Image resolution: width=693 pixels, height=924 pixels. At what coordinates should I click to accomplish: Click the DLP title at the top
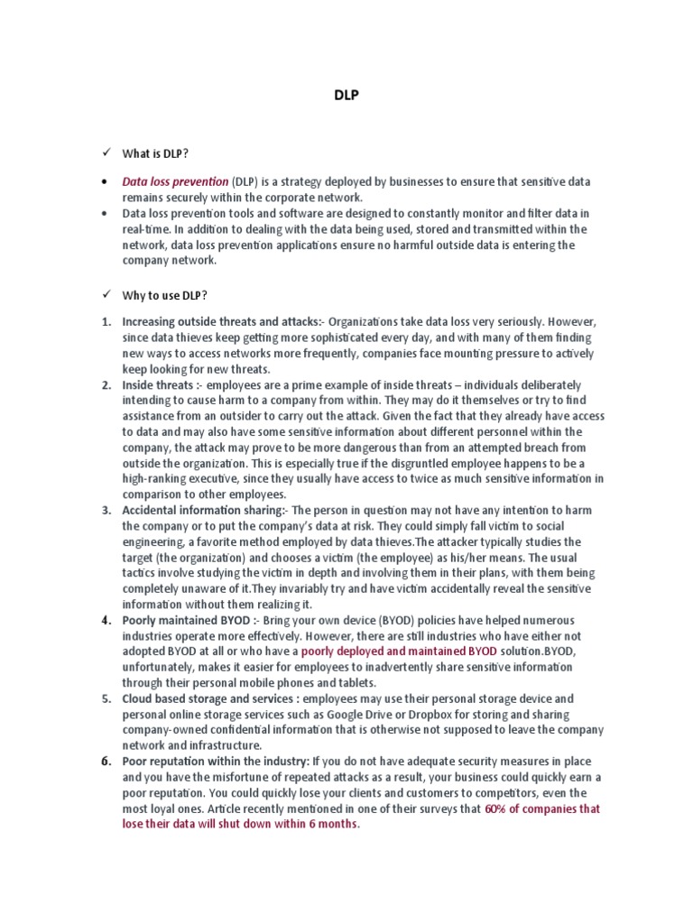point(346,95)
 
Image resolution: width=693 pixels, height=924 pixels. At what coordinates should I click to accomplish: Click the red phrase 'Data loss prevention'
point(175,181)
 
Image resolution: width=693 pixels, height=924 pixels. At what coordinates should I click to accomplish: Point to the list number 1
point(106,322)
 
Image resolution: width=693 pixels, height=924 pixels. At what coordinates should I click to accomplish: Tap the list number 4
point(106,621)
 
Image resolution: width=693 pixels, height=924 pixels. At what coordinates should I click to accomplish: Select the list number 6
point(106,762)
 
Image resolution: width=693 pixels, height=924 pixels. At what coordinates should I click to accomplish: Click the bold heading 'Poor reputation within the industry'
point(214,762)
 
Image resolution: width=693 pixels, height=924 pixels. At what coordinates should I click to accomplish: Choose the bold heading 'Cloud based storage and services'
point(211,698)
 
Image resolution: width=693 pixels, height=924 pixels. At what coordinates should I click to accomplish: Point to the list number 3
point(106,511)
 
